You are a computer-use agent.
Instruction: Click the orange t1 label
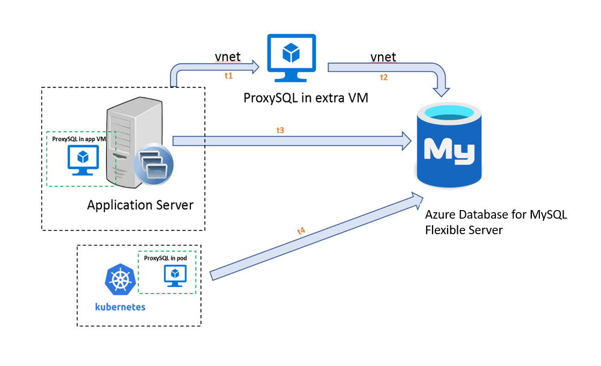tap(228, 76)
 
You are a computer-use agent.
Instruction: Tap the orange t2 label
tap(383, 77)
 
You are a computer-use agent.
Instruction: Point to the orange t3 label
tap(280, 130)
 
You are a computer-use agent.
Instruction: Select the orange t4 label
tap(301, 231)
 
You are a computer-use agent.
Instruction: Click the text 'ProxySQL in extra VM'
tap(306, 98)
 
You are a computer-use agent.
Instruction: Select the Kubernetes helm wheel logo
tap(120, 279)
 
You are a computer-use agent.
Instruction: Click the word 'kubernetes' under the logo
tap(120, 307)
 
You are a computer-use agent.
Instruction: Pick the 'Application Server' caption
tap(140, 205)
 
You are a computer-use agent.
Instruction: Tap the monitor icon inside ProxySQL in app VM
tap(82, 161)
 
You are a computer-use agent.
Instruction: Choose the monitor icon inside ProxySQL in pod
tap(174, 275)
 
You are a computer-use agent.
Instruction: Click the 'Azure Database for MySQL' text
tap(496, 215)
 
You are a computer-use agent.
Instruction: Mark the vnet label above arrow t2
tap(383, 57)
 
